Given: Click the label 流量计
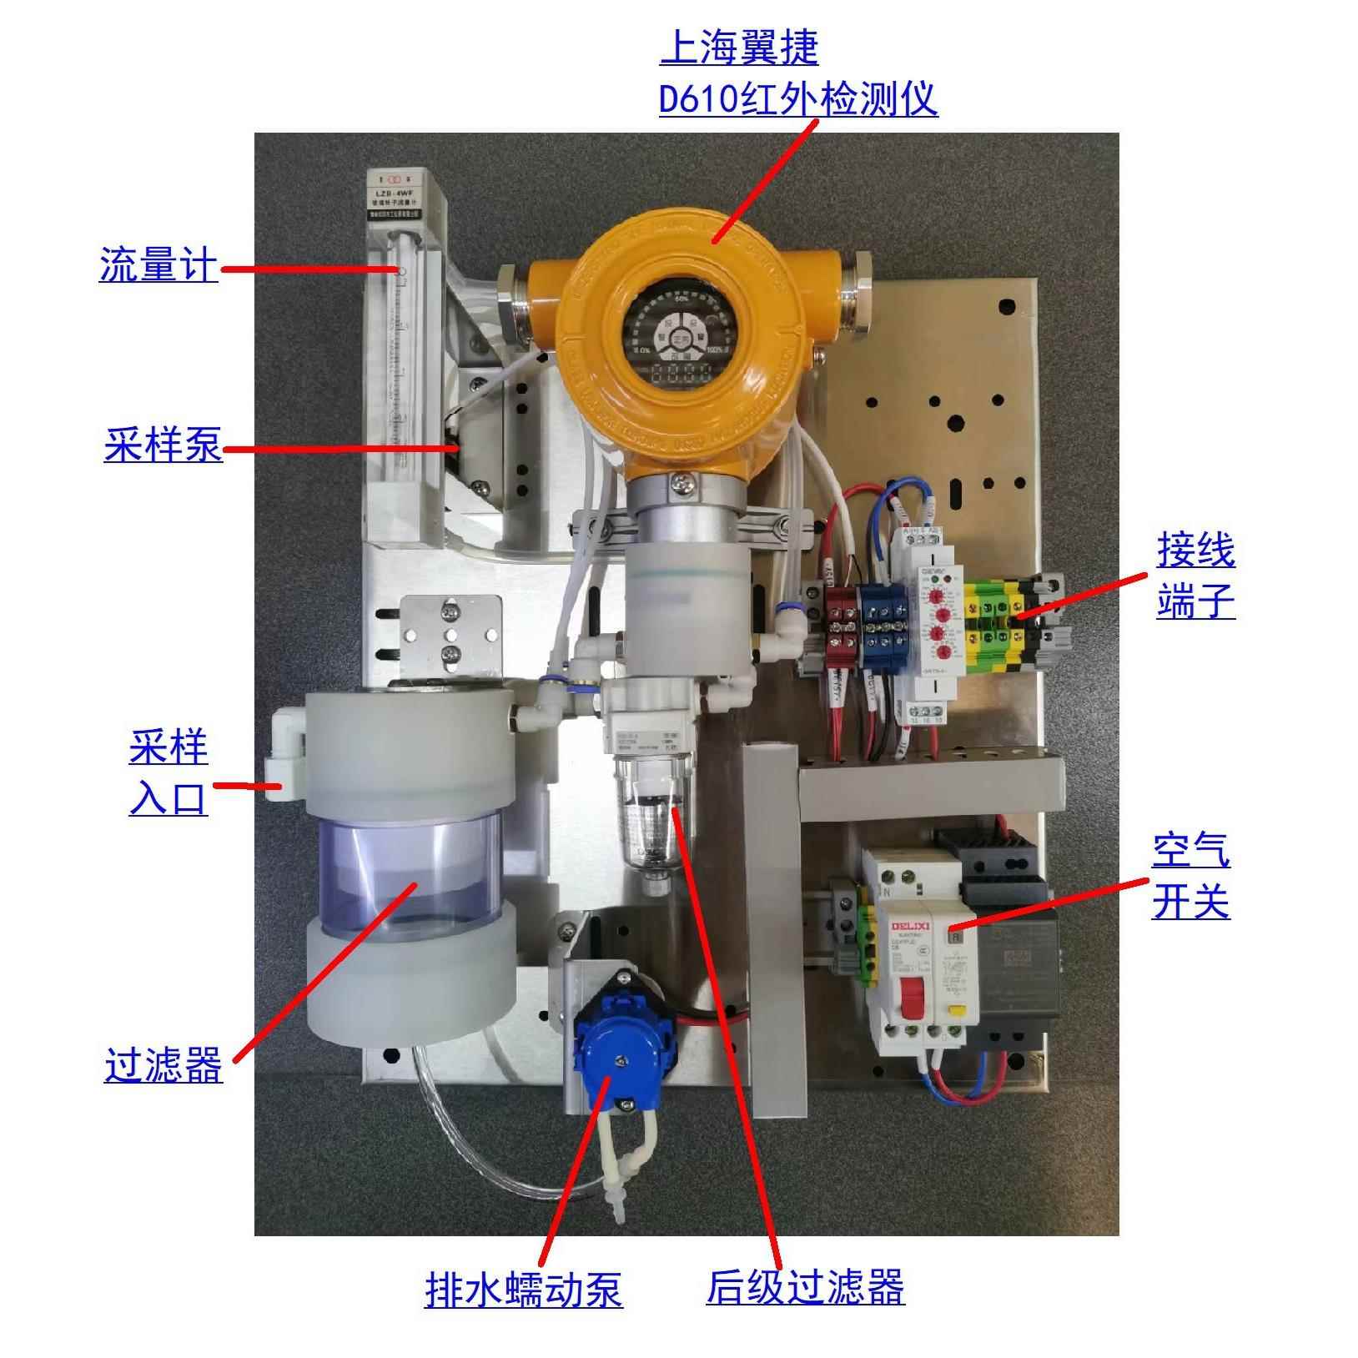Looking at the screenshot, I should click(158, 264).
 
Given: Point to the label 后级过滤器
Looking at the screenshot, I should click(805, 1286).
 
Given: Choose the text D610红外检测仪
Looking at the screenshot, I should click(798, 99).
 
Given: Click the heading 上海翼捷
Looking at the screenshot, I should click(739, 48).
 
